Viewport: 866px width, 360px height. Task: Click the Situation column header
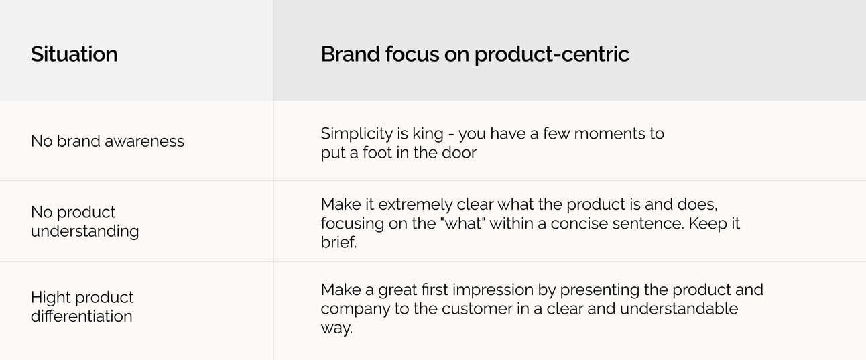click(x=74, y=54)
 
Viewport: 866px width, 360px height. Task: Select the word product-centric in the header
click(x=552, y=54)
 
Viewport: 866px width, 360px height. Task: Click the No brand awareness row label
click(x=107, y=141)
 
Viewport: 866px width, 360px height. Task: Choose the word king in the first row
click(x=428, y=134)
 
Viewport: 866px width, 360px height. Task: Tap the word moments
click(x=607, y=134)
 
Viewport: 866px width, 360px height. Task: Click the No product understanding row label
click(x=84, y=222)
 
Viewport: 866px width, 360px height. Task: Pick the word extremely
click(x=415, y=205)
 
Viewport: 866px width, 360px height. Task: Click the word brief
click(x=338, y=243)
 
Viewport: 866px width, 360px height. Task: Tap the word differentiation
click(x=82, y=316)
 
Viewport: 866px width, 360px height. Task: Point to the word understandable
click(x=679, y=309)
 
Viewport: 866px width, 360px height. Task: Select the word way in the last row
click(x=336, y=328)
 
